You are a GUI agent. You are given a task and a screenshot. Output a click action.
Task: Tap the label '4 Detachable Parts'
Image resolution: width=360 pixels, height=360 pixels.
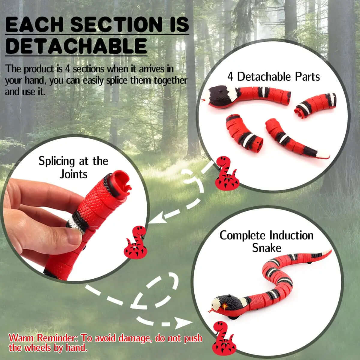pyautogui.click(x=274, y=76)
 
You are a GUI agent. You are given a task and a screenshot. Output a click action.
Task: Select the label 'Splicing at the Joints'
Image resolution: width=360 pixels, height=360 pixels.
pyautogui.click(x=73, y=167)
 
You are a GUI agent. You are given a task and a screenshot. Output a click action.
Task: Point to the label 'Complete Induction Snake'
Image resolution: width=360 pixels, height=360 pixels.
pyautogui.click(x=266, y=241)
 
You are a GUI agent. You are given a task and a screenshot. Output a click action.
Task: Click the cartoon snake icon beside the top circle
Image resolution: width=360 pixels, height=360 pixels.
pyautogui.click(x=226, y=172)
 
